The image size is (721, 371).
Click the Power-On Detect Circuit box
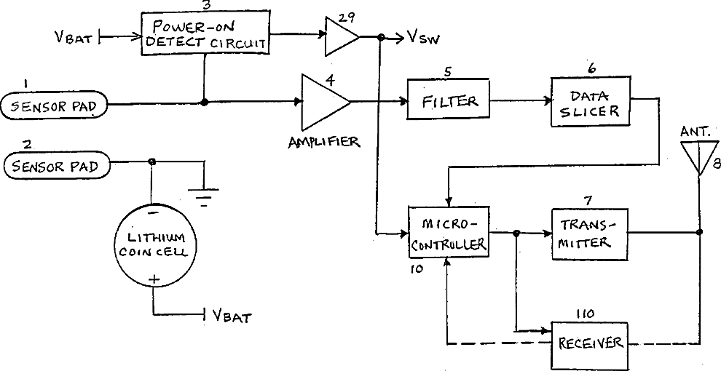click(x=205, y=33)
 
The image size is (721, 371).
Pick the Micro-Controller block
click(x=449, y=231)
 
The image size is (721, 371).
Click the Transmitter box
click(x=590, y=234)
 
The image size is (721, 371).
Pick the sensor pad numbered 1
click(x=55, y=106)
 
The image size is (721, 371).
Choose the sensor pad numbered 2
click(x=57, y=166)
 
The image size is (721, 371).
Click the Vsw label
click(x=423, y=38)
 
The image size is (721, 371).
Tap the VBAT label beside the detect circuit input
click(x=76, y=38)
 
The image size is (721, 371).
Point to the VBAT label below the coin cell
click(x=232, y=316)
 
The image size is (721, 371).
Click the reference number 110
click(x=585, y=314)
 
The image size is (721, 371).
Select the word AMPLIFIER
click(x=324, y=143)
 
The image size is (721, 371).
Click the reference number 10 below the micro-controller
click(x=416, y=269)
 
